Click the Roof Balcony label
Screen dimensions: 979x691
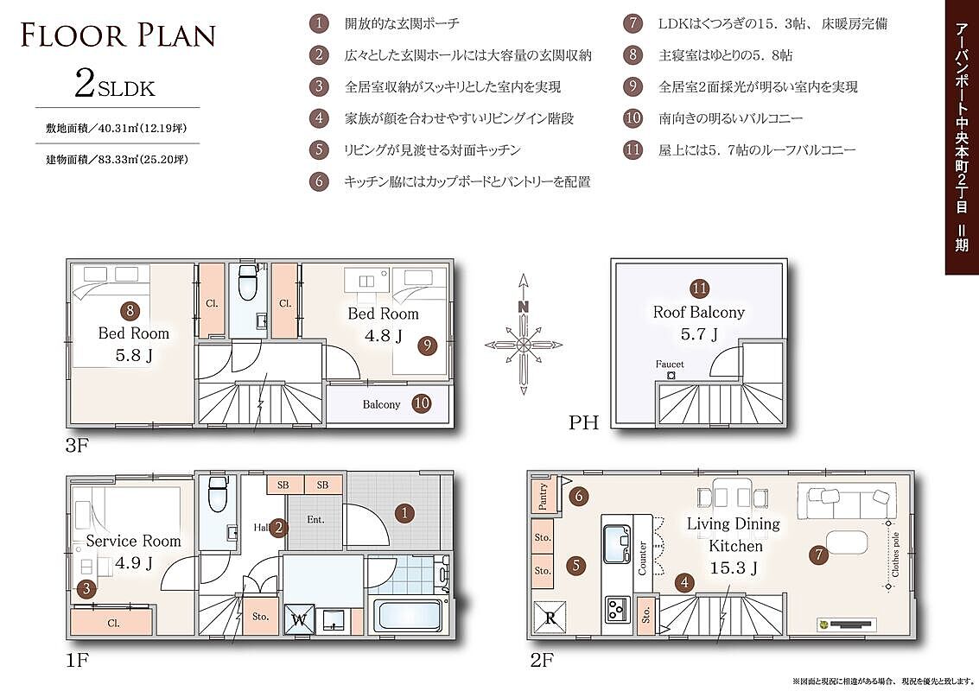click(699, 312)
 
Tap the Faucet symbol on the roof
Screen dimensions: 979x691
click(671, 376)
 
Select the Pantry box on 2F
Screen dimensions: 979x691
click(542, 497)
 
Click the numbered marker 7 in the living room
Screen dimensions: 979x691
click(818, 555)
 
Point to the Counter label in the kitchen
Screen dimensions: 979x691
click(643, 558)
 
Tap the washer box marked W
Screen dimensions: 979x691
click(299, 620)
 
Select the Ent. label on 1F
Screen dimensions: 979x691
click(316, 519)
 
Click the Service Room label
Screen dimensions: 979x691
click(134, 542)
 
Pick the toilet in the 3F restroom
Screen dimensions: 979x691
click(248, 282)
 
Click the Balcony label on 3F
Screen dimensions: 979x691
click(381, 404)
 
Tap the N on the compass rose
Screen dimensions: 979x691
click(524, 307)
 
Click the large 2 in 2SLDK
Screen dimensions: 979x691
click(85, 84)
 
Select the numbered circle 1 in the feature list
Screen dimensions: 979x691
click(319, 23)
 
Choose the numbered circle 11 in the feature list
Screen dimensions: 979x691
click(633, 149)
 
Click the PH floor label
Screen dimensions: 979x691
click(584, 422)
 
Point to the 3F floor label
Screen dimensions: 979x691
click(78, 445)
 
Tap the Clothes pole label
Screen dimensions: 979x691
click(896, 555)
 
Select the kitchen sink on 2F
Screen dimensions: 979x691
click(618, 543)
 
